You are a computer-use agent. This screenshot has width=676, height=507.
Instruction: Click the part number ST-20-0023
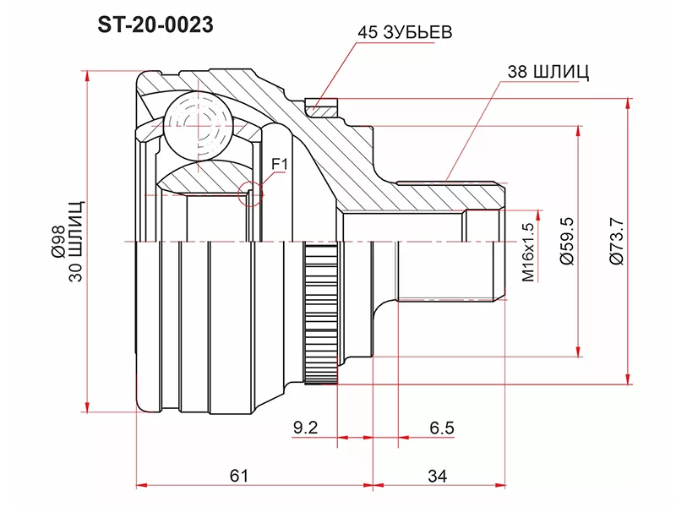pos(155,25)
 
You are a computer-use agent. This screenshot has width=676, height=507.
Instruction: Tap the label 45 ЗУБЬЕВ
pos(405,32)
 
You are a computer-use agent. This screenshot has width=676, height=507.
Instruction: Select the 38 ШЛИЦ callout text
pos(548,72)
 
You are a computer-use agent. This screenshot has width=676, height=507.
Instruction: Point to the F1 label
pos(279,164)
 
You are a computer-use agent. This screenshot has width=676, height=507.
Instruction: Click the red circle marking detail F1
pos(250,194)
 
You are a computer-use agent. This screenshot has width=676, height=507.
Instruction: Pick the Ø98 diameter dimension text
pos(58,242)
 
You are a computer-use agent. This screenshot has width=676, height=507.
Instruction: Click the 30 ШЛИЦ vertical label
pos(75,242)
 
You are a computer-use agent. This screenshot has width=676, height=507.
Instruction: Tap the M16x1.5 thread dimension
pos(528,252)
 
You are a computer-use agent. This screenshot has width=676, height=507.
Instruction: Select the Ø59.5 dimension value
pos(567,242)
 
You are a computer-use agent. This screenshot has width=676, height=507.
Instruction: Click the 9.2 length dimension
pos(305,428)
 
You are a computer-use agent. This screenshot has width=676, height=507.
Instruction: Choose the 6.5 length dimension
pos(442,428)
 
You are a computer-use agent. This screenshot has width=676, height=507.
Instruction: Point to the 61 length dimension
pos(239,476)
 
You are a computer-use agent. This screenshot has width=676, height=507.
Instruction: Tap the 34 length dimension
pos(438,476)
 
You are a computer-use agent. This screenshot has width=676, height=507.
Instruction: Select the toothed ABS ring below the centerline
pos(321,313)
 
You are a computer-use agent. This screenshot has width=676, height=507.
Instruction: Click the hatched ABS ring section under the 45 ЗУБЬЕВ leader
pos(322,108)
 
